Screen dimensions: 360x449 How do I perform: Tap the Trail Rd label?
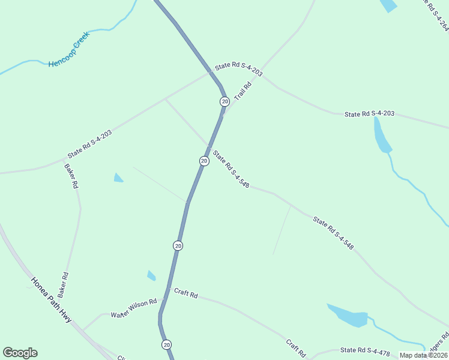[242, 91]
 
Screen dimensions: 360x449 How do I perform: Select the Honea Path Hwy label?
[51, 299]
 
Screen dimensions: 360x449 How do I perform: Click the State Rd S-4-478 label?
[366, 350]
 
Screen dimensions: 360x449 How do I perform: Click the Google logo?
[20, 353]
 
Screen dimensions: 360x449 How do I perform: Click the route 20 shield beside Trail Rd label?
[224, 101]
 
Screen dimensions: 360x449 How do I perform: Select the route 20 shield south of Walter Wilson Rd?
[166, 344]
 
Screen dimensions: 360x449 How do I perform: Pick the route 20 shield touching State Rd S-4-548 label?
[204, 161]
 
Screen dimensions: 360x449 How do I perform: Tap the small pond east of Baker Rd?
[118, 178]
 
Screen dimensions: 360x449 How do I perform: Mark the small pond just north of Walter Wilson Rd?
[151, 276]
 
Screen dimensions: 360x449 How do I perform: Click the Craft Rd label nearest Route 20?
[186, 293]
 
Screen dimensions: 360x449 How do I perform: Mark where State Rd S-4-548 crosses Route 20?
[209, 147]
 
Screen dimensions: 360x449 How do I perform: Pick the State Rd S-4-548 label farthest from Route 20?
[333, 233]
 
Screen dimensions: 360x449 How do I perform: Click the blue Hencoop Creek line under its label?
[36, 61]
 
